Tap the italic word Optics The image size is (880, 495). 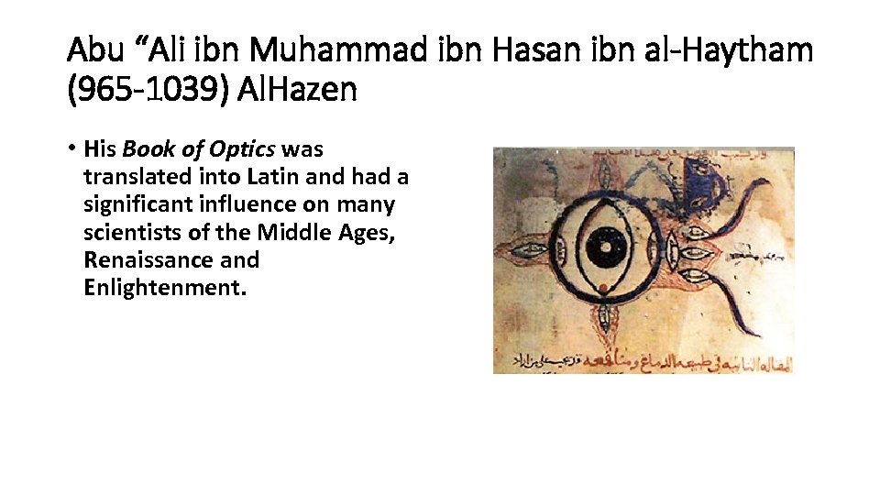tap(245, 148)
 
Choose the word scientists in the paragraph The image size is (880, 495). tap(132, 232)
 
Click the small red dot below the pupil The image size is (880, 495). tap(603, 289)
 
